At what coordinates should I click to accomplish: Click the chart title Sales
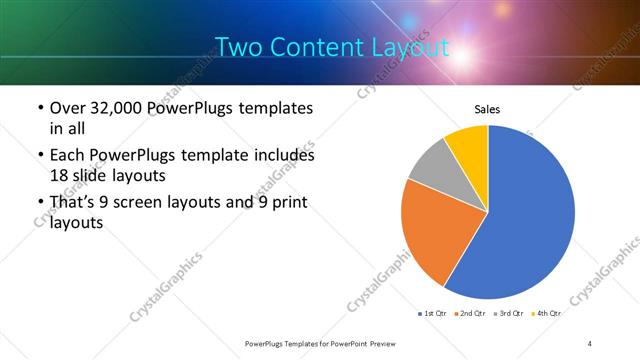pyautogui.click(x=487, y=110)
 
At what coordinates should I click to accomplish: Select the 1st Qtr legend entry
pyautogui.click(x=433, y=313)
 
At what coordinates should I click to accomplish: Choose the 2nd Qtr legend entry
pyautogui.click(x=473, y=313)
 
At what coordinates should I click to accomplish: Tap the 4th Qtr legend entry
pyautogui.click(x=549, y=313)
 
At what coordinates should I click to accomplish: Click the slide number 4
pyautogui.click(x=590, y=343)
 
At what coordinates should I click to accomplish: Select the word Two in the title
pyautogui.click(x=238, y=46)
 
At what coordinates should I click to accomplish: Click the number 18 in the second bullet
pyautogui.click(x=60, y=175)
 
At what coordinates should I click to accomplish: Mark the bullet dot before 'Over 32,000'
pyautogui.click(x=38, y=108)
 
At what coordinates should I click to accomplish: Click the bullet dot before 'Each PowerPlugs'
pyautogui.click(x=38, y=156)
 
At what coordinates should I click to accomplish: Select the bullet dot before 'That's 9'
pyautogui.click(x=38, y=204)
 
